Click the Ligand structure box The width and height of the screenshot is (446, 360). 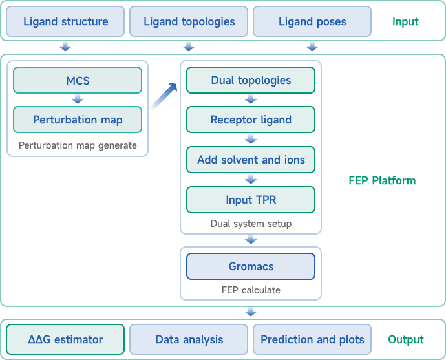pos(65,21)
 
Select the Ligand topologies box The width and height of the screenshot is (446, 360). pos(189,21)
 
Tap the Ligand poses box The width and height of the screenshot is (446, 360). pos(312,21)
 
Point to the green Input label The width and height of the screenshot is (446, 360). pos(405,21)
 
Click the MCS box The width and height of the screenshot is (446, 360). pos(78,80)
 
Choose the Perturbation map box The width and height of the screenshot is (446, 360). pos(78,120)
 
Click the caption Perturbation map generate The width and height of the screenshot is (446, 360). pos(78,145)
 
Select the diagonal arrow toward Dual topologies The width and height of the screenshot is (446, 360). pos(164,97)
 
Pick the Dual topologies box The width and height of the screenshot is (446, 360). pos(251,80)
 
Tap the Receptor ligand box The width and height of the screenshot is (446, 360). pos(251,120)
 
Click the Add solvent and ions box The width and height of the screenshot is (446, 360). pos(251,160)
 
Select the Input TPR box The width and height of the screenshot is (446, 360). pos(251,199)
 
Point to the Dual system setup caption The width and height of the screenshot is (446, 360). pos(251,224)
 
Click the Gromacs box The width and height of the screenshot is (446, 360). pos(251,266)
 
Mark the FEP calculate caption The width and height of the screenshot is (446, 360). pos(251,290)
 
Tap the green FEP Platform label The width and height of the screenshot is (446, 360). pos(382,180)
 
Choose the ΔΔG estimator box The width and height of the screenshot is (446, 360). pos(65,339)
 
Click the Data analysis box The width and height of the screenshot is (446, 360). pos(189,339)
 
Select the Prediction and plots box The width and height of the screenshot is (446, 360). pos(312,339)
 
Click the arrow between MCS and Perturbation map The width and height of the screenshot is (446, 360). pos(78,100)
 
